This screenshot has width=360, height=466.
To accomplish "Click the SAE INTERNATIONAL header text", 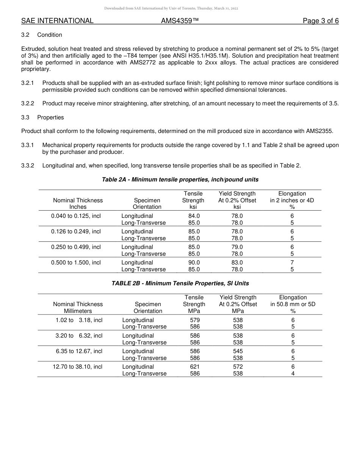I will click(57, 21).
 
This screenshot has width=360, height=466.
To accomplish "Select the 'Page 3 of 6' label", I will click(321, 21).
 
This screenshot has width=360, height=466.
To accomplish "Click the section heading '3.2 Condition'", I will click(42, 35).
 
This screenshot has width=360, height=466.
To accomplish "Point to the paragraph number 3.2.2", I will click(28, 103).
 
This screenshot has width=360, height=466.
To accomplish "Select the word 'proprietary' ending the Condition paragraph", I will click(35, 69).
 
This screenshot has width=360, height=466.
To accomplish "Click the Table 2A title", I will click(180, 179).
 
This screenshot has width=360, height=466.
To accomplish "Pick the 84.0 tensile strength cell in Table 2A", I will click(194, 216).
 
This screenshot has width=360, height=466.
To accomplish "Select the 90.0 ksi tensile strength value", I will click(194, 263).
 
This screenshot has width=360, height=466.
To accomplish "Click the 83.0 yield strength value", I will click(237, 263).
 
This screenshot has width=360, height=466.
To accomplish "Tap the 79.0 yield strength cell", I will click(237, 247).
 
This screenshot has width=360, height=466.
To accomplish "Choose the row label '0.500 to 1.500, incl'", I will click(76, 263).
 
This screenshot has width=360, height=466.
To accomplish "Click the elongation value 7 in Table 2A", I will click(292, 263).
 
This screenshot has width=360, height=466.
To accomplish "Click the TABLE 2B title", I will click(180, 283).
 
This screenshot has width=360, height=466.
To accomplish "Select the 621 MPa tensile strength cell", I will click(195, 367).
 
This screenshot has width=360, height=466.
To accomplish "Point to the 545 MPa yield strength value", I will click(238, 351).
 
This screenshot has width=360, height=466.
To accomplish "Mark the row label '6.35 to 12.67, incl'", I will click(79, 351).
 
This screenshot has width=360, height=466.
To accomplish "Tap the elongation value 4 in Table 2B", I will click(293, 374).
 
